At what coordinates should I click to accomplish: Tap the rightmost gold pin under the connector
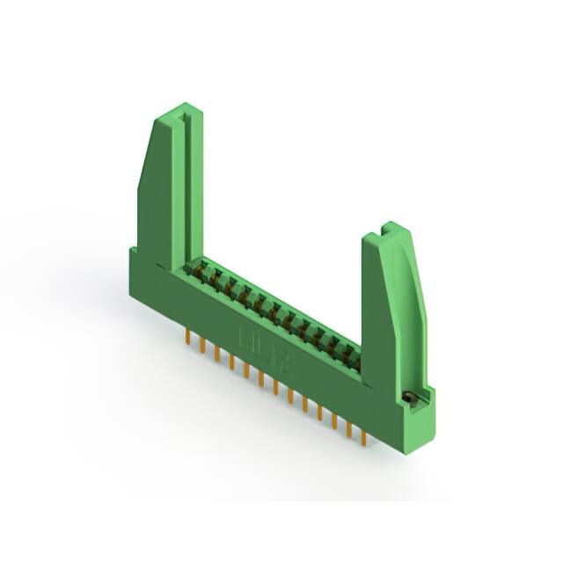coord(362,434)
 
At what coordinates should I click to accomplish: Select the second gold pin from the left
coord(203,345)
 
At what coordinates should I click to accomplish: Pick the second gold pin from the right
coord(348,427)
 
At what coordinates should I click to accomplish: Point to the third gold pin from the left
coord(217,353)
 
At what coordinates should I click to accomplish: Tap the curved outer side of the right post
coord(413,299)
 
